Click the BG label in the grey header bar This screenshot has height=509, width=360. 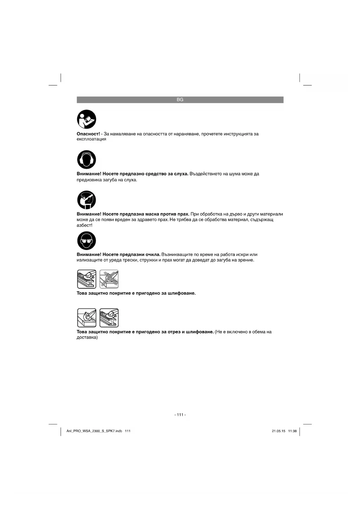pos(180,100)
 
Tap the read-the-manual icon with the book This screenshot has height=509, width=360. pos(86,119)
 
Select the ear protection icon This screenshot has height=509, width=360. pos(86,160)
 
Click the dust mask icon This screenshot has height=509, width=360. pos(86,200)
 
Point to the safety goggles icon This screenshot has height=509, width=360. pos(86,241)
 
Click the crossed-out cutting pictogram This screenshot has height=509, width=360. pos(109,279)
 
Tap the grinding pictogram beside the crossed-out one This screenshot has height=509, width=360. pos(86,279)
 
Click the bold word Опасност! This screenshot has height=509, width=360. pos(88,134)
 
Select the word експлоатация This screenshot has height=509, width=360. pos(91,139)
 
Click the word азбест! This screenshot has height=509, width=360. pos(84,225)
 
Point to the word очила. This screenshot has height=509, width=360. pos(153,255)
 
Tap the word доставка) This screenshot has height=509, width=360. pos(87,337)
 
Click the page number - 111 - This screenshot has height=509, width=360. pos(180,415)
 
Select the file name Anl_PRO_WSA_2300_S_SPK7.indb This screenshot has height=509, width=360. pos(94,431)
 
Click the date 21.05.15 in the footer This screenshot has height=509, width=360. pos(278,431)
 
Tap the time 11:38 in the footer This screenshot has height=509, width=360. pos(292,431)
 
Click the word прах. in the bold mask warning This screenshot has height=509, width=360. pos(183,214)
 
